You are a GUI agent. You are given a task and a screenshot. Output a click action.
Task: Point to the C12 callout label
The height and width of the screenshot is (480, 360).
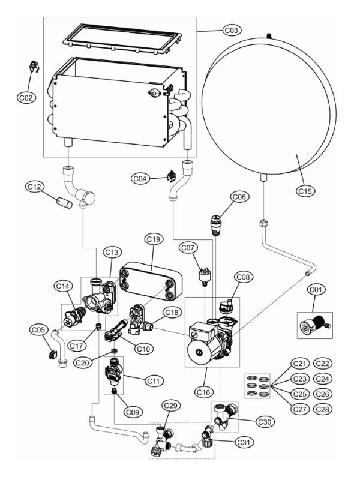pos(35,188)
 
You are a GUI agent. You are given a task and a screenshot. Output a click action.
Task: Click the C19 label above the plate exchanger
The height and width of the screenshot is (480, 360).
pos(154,239)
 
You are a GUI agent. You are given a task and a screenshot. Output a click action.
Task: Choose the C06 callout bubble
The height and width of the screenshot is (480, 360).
pos(239,197)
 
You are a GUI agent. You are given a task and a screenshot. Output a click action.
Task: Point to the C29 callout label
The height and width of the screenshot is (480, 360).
pos(170,407)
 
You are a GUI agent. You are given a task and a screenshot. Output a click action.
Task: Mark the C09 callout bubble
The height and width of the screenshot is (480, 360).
pos(133,412)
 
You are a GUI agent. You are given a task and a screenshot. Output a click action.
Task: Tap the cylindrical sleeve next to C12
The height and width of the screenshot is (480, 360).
pos(61,202)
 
